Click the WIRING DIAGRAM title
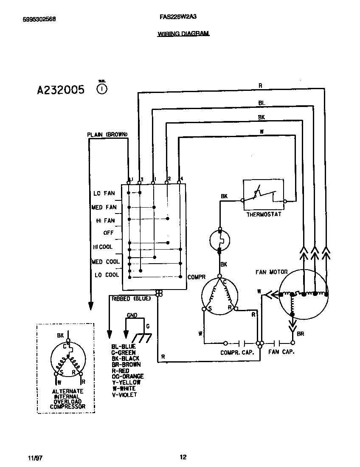point(183,34)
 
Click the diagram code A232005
point(61,90)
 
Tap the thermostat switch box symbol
point(264,195)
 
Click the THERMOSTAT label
point(264,214)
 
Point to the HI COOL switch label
point(103,247)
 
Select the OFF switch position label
point(108,233)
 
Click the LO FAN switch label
point(104,193)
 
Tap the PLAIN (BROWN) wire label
point(107,134)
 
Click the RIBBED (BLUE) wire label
point(131,298)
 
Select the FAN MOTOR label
point(271,272)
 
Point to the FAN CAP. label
point(281,352)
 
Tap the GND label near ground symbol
point(132,316)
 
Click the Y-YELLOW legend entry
point(126,382)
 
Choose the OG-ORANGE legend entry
point(128,376)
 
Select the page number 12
point(183,457)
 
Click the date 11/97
point(36,458)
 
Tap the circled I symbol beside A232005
point(102,89)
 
